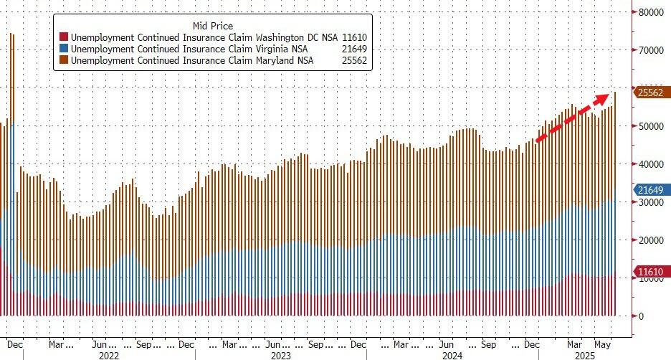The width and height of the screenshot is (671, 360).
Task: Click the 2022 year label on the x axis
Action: click(108, 354)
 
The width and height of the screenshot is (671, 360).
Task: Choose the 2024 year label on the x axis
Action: click(452, 354)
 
